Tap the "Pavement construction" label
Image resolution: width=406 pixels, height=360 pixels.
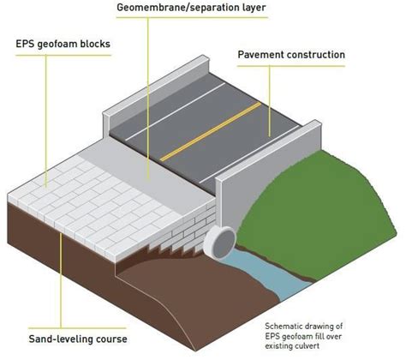[x=290, y=55]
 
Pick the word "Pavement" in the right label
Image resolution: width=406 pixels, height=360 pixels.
[x=262, y=55]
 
